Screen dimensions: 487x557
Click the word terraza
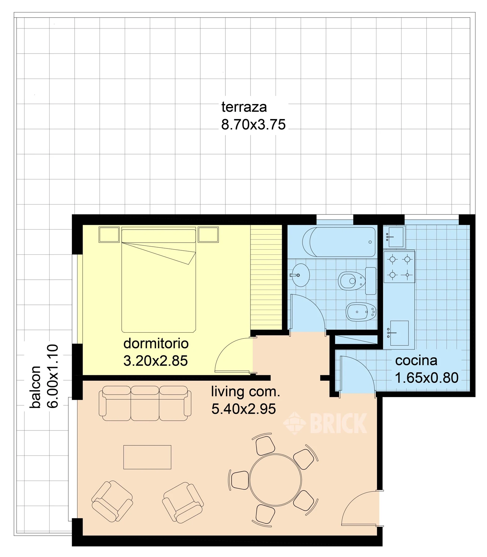click(244, 107)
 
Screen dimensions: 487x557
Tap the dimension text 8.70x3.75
click(253, 125)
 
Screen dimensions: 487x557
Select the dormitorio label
click(156, 343)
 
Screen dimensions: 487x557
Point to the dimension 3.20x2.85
click(155, 361)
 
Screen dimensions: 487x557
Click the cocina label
click(416, 361)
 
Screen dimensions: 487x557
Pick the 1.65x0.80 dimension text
click(427, 378)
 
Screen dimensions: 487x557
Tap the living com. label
click(246, 392)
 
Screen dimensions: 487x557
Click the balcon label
click(35, 387)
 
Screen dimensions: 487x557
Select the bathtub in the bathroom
click(339, 242)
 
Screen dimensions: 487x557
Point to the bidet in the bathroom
click(361, 312)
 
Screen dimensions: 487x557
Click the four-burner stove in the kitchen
click(399, 267)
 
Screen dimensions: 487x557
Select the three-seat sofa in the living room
click(145, 403)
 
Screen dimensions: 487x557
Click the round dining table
click(275, 480)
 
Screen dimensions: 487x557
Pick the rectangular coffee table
click(147, 457)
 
